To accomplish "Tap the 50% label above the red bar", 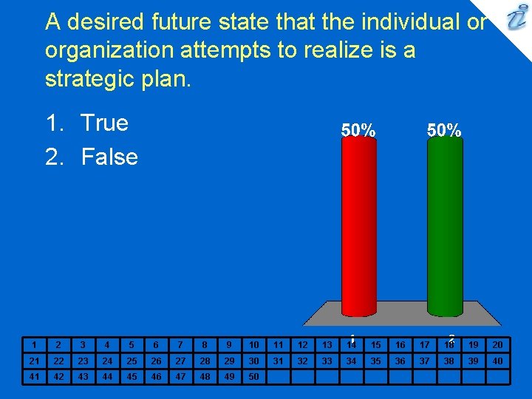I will click(358, 130).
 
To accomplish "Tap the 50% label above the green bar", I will click(445, 130).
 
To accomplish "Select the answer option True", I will click(104, 123).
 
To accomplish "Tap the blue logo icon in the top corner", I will click(514, 18).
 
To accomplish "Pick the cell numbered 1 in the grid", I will click(34, 344).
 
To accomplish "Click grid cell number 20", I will click(497, 344).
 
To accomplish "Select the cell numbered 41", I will click(34, 376).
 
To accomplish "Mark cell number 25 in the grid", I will click(132, 361).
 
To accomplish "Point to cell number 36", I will click(400, 361).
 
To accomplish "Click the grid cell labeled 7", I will click(180, 344).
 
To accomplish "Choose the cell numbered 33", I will click(327, 361).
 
